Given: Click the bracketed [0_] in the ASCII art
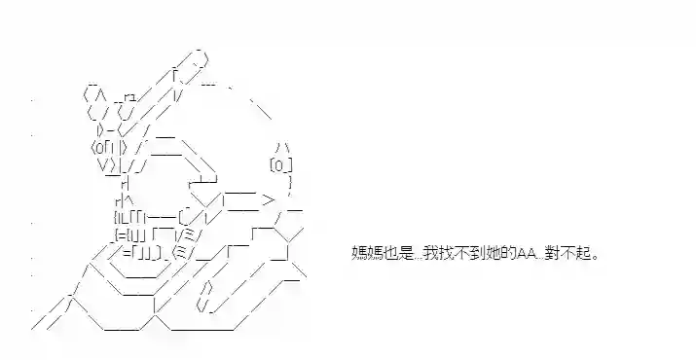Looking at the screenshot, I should [x=280, y=165].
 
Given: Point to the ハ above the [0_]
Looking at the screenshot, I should [x=280, y=148].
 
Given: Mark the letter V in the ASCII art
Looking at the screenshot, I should [x=102, y=164].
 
